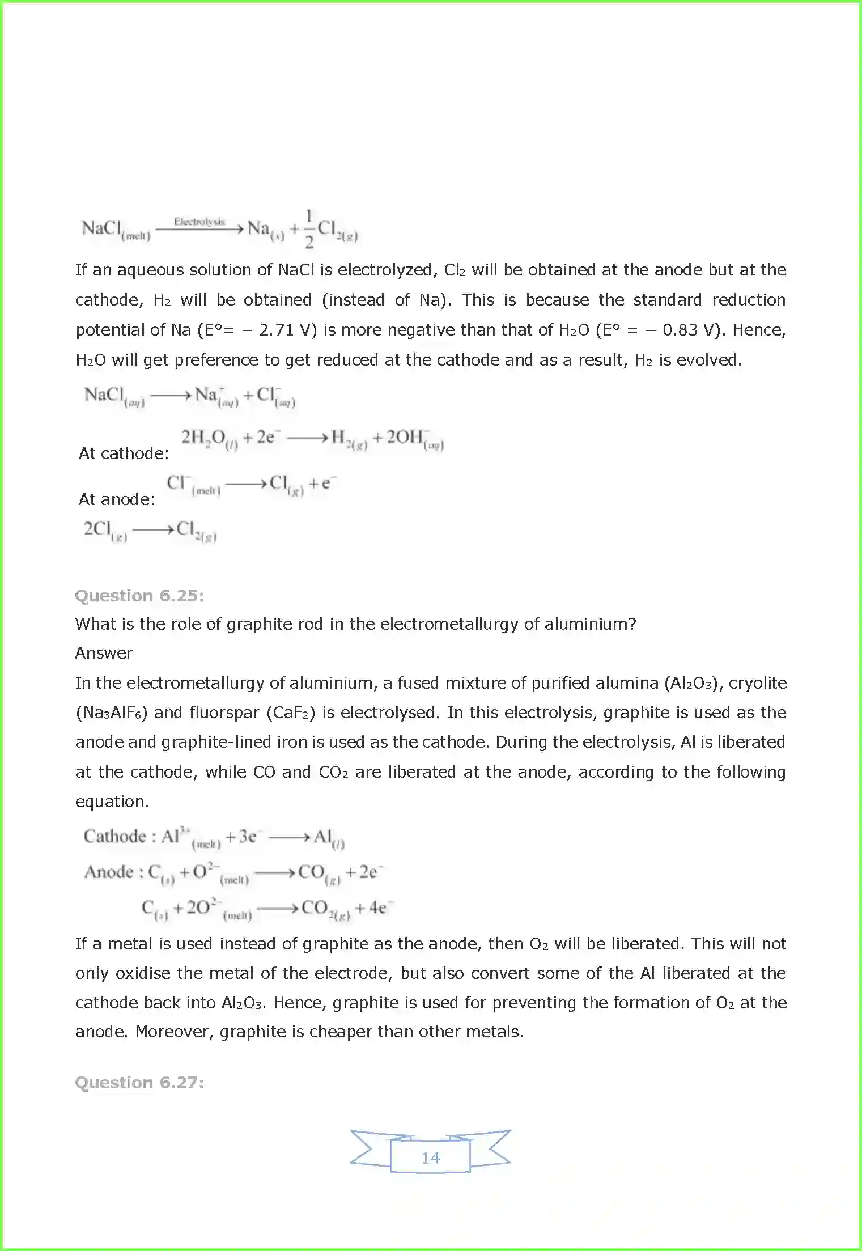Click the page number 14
430,1157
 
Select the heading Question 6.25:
139,596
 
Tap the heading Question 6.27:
139,1083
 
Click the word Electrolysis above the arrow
199,222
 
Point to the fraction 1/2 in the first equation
309,229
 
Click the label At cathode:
124,453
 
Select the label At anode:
116,499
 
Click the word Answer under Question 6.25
104,653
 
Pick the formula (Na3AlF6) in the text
112,713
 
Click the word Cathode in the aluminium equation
114,837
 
